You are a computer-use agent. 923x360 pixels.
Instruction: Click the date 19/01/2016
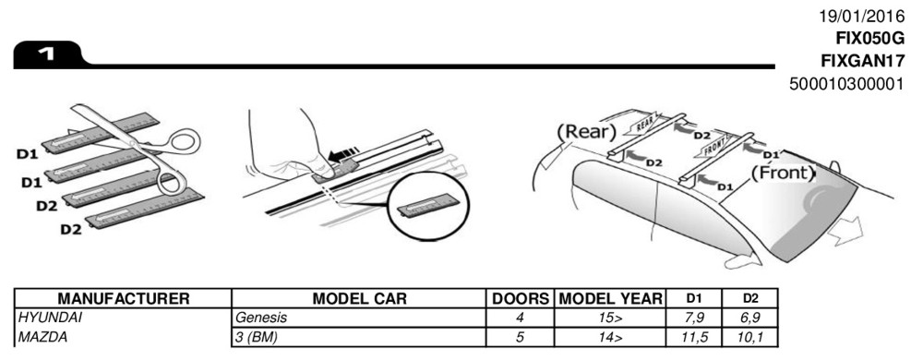coord(862,16)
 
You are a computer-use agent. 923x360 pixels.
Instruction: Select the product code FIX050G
coord(870,38)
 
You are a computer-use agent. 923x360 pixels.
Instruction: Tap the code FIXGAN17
coord(863,61)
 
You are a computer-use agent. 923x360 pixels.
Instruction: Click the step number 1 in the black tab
coord(47,54)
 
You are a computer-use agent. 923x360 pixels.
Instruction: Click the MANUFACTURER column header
coord(124,299)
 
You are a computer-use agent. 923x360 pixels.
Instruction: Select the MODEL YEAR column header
coord(610,299)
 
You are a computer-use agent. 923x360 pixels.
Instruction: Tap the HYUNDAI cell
coord(50,318)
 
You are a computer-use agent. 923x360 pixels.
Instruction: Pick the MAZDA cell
coord(43,338)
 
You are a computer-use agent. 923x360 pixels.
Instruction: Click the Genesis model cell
coord(261,318)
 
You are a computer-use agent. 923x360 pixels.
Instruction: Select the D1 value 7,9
coord(694,318)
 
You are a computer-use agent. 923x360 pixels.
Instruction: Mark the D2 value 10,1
coord(749,338)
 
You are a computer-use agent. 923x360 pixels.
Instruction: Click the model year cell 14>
coord(610,338)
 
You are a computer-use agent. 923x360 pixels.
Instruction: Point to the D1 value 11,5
coord(694,338)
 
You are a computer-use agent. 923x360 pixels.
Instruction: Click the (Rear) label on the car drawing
coord(586,131)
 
